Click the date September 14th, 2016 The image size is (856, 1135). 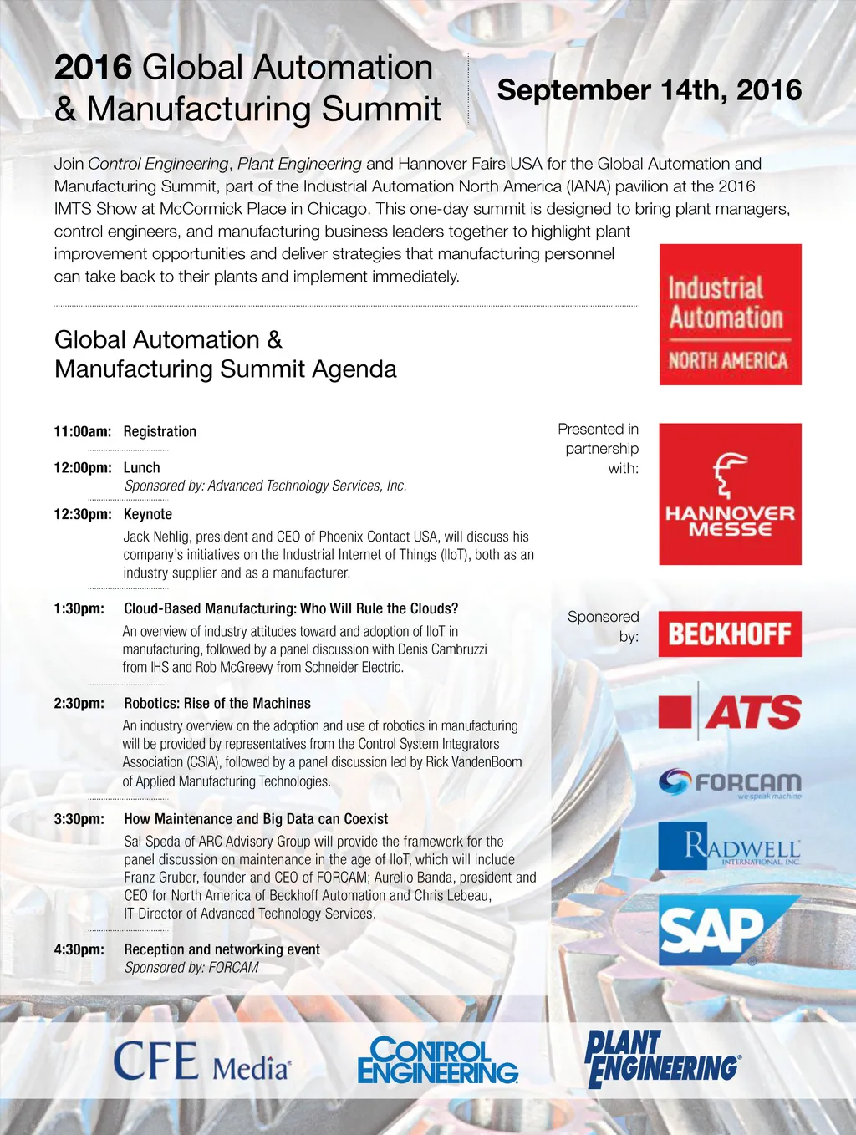[649, 90]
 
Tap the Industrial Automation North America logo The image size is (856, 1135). [730, 315]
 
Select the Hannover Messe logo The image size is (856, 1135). [730, 494]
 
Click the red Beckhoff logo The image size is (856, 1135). [730, 634]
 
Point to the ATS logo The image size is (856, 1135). [730, 712]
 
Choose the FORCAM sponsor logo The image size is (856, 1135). [730, 783]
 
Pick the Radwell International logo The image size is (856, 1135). [730, 846]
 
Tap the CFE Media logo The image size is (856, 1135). [202, 1061]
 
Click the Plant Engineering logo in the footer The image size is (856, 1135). [662, 1059]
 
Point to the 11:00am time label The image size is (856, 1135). [82, 432]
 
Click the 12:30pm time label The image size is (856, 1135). [82, 515]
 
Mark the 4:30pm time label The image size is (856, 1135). [79, 949]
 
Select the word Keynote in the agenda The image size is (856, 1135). [148, 515]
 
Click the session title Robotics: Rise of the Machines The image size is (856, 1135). [217, 704]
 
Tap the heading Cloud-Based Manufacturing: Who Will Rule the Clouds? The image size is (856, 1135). [291, 609]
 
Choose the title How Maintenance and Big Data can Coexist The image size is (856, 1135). [256, 819]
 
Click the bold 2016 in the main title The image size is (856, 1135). [93, 68]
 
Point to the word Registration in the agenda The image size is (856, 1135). [160, 432]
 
